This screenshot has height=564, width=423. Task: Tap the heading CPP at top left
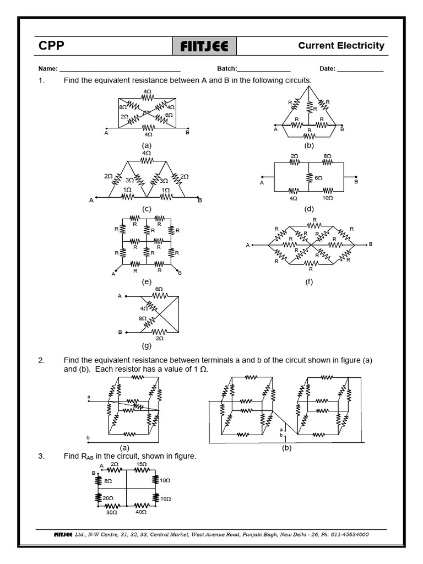51,46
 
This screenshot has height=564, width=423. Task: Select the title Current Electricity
341,46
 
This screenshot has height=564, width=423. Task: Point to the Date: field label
327,69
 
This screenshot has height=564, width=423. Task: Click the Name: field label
48,69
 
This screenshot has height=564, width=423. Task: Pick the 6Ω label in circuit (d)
318,178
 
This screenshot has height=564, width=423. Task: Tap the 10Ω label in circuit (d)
327,198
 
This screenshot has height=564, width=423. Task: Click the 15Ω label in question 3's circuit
141,464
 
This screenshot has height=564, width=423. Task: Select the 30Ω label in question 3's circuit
111,512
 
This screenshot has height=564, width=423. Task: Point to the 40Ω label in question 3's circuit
141,512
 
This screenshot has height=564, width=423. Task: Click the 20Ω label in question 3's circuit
107,498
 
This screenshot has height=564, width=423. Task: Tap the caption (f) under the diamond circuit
309,283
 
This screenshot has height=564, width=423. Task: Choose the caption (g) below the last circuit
147,346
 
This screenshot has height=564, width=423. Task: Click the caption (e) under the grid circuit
146,282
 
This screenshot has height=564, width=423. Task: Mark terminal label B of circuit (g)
120,333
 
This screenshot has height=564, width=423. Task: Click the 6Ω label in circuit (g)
159,289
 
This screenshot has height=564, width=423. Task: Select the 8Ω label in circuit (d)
327,156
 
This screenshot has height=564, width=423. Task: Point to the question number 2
41,360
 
